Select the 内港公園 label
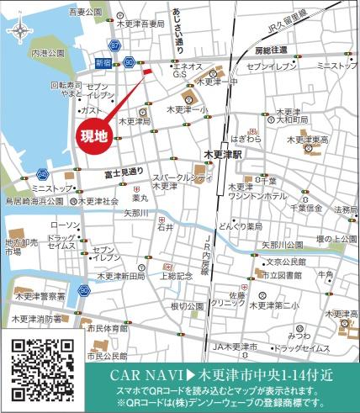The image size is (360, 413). [48, 52]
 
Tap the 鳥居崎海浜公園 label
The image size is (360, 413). [35, 202]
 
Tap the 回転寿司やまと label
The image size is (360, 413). [65, 90]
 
